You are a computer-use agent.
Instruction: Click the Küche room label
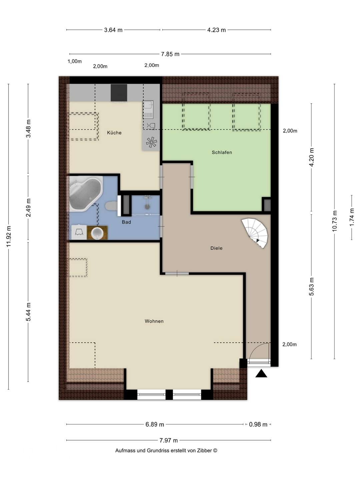point(114,133)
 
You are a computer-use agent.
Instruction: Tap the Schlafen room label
point(222,152)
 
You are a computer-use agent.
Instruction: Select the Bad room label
point(126,222)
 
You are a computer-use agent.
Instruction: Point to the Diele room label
point(216,248)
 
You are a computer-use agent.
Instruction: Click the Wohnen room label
point(154,321)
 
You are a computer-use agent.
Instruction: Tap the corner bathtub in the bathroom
point(85,194)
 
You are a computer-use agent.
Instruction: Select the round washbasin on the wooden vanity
point(97,232)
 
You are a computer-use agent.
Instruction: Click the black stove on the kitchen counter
point(119,93)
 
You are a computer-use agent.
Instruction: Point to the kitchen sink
point(148,110)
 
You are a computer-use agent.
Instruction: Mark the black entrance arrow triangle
point(261,374)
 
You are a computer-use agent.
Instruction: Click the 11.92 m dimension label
point(9,237)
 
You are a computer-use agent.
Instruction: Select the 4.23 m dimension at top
point(216,30)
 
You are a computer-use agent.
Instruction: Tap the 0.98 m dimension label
point(258,424)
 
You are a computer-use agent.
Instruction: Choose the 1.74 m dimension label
point(352,217)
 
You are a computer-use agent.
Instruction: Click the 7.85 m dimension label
point(170,54)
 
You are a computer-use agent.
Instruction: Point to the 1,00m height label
point(75,61)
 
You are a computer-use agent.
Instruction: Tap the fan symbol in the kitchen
point(151,142)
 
